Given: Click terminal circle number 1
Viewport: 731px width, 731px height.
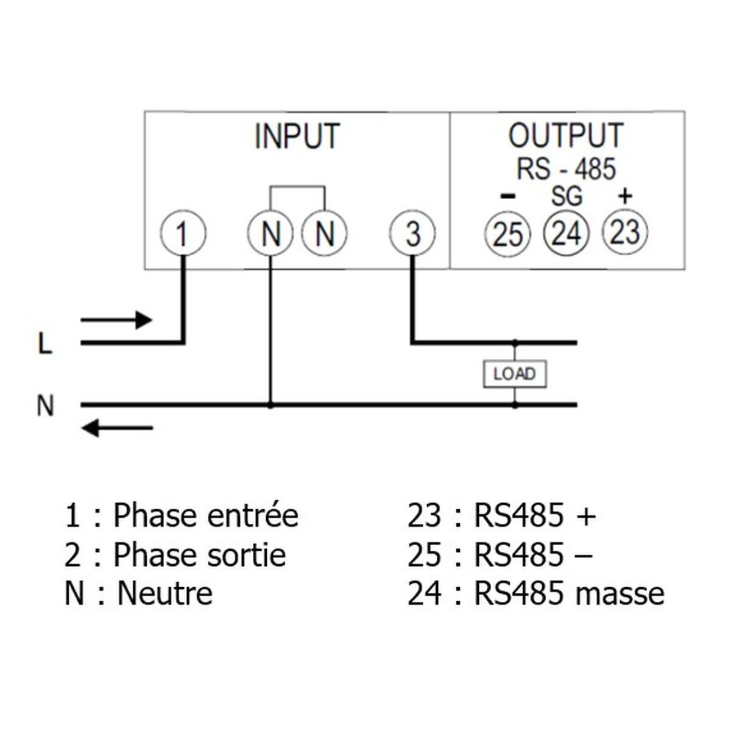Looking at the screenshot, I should (183, 233).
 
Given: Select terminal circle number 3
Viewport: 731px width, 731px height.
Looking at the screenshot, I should (413, 233).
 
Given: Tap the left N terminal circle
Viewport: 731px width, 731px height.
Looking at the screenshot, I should (270, 233).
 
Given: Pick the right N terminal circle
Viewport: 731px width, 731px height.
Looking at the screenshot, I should (325, 233).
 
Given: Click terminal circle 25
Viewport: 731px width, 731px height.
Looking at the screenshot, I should (508, 233).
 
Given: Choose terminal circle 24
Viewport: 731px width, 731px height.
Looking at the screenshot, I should (567, 233).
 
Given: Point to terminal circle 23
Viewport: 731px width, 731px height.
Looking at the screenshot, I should (624, 232).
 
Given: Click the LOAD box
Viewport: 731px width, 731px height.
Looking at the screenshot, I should (515, 374).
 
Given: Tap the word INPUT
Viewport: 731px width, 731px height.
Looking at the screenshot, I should (297, 136).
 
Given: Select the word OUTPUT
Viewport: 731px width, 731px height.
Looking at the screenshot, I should (566, 136).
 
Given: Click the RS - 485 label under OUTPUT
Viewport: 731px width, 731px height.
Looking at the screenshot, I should (566, 169).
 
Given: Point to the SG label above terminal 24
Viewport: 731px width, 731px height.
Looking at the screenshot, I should (567, 196).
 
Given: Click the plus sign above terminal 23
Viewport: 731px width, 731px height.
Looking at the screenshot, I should (625, 196).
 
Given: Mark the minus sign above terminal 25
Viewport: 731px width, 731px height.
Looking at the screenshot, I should (507, 196).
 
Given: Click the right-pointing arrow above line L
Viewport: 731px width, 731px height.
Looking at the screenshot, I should (116, 319).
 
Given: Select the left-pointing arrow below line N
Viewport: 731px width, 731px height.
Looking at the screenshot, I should (117, 428).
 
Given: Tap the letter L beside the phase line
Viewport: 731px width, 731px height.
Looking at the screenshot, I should (45, 344).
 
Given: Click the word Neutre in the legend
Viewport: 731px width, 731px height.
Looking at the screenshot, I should (164, 593).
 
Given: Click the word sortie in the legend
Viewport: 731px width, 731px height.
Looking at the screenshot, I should (243, 554).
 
